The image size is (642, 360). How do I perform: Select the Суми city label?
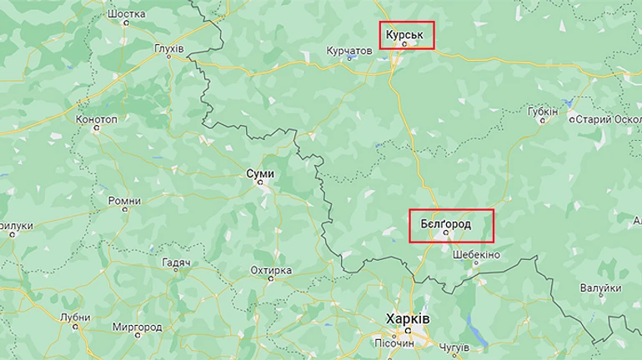(x=260, y=173)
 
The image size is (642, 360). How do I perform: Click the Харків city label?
(x=408, y=319)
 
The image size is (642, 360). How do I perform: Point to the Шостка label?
(x=128, y=14)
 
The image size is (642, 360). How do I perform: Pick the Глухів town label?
(x=169, y=50)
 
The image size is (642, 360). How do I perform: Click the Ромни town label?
(x=124, y=201)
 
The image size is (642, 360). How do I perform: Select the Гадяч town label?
(x=177, y=262)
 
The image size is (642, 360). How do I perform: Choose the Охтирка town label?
(x=271, y=270)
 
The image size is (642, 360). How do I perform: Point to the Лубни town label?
(x=75, y=317)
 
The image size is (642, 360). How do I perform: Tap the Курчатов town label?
(x=349, y=51)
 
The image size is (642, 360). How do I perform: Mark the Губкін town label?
(x=544, y=110)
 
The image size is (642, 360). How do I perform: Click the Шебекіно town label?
(x=476, y=254)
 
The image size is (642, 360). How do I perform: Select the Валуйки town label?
(x=602, y=287)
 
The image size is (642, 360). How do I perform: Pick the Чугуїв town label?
(x=453, y=346)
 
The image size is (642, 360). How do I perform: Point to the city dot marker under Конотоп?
(x=97, y=128)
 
